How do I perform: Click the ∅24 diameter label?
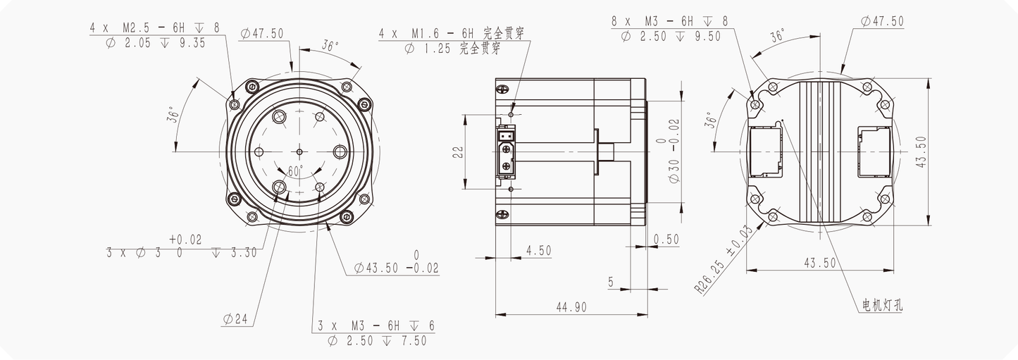coord(235,319)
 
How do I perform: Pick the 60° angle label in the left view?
coord(294,171)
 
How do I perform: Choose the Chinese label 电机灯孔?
coord(883,305)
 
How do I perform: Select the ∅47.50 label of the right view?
coord(881,21)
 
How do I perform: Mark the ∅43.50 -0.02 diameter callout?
coord(396,268)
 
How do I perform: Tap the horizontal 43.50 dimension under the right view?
coord(819,263)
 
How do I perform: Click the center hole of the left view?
coord(299,151)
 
